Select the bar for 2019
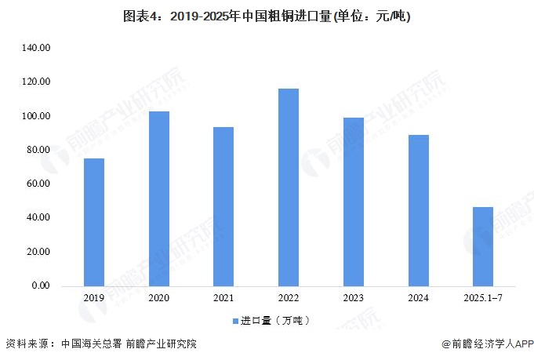(x=94, y=223)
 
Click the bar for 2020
(x=159, y=199)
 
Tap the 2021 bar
(x=223, y=207)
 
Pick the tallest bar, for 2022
(x=289, y=187)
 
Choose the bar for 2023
(x=354, y=202)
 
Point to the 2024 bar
(x=419, y=211)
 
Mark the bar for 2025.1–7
(x=483, y=247)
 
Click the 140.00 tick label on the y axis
(x=36, y=48)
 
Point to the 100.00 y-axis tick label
(x=36, y=116)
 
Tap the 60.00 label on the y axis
(x=38, y=184)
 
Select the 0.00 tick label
(x=41, y=285)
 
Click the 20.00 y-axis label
(x=38, y=252)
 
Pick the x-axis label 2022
(x=289, y=298)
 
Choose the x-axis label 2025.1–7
(x=483, y=298)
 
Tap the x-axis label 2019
(x=94, y=298)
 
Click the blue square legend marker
(x=235, y=321)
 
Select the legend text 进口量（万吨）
(x=275, y=321)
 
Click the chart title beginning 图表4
(x=267, y=16)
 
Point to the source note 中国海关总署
(x=91, y=344)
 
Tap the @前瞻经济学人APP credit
(x=488, y=344)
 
